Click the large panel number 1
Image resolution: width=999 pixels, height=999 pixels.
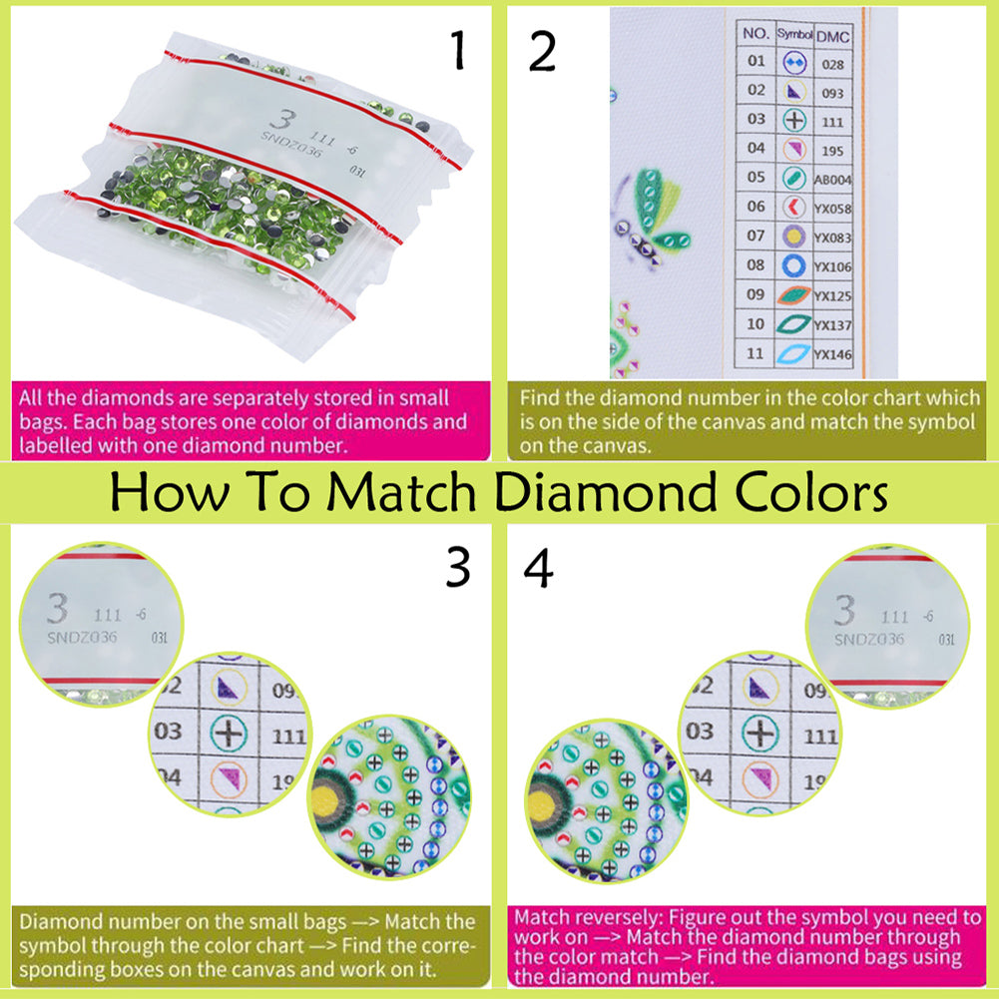[x=458, y=50]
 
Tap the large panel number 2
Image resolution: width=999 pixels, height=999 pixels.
[x=541, y=50]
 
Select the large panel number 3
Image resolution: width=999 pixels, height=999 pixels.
[x=458, y=570]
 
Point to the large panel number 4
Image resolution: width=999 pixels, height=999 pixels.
[x=539, y=570]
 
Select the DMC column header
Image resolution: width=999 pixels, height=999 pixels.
[x=829, y=34]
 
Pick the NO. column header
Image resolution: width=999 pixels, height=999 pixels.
[x=755, y=34]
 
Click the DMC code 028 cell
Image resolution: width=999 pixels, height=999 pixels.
[x=829, y=62]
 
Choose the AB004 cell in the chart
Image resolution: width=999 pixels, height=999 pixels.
[x=829, y=180]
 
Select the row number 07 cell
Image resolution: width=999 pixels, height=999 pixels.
[x=755, y=238]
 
